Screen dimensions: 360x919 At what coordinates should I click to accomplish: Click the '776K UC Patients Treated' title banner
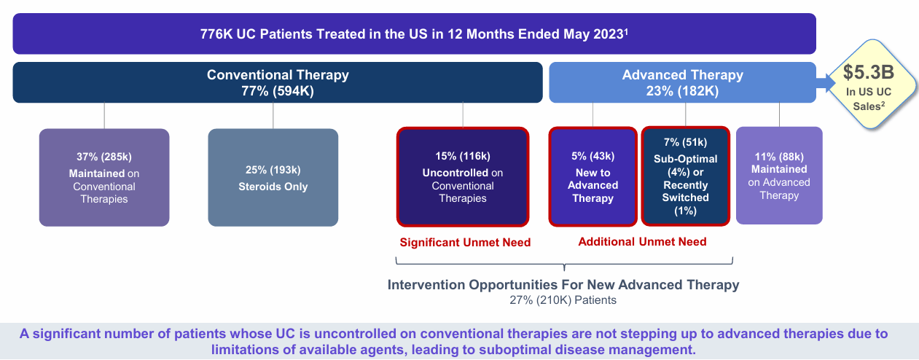(x=414, y=34)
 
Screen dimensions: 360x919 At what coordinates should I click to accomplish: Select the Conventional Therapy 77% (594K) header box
(x=278, y=82)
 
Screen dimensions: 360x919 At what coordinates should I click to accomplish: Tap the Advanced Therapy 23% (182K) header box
(x=682, y=82)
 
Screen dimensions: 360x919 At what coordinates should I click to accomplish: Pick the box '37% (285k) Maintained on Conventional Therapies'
(x=104, y=177)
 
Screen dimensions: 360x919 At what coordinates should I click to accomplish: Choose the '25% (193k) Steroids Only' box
(x=273, y=177)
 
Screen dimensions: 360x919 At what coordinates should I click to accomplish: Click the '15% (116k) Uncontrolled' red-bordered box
(x=462, y=176)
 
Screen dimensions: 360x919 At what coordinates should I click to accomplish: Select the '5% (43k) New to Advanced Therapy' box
(x=593, y=176)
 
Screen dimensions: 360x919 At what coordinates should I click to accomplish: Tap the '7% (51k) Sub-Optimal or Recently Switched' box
(x=685, y=176)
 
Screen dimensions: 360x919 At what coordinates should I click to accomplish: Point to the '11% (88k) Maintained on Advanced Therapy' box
(x=779, y=175)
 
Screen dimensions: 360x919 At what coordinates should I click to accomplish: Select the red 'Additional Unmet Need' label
(x=642, y=242)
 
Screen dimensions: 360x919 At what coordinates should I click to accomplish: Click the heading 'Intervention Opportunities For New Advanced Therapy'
(x=563, y=285)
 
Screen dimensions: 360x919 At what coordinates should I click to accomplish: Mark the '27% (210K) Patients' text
(x=563, y=300)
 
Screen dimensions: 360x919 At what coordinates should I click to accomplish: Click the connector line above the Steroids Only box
(x=273, y=116)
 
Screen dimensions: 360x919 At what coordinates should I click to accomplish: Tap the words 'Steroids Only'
(x=273, y=187)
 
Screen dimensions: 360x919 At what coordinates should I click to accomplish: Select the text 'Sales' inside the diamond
(x=867, y=105)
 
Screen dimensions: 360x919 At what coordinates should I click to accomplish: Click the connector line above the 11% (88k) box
(x=779, y=114)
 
